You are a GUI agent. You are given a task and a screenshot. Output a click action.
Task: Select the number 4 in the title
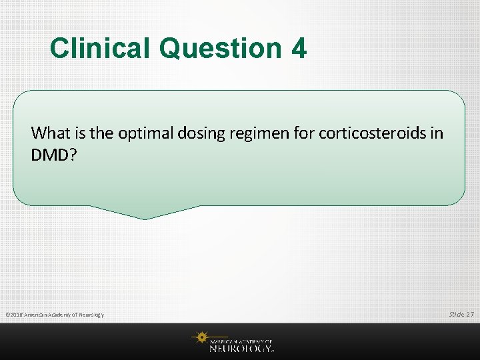click(x=298, y=49)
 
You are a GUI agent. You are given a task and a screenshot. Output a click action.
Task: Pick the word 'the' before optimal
click(x=101, y=133)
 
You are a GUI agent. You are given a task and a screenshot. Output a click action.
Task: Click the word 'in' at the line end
click(x=437, y=133)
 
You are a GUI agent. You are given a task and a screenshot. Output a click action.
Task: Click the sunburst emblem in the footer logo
click(x=200, y=339)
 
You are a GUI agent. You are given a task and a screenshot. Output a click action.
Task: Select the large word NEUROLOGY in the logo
click(x=241, y=347)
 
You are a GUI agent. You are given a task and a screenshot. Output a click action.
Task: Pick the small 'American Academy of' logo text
click(x=241, y=340)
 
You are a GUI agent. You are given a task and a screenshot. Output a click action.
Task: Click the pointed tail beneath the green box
click(x=145, y=213)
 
